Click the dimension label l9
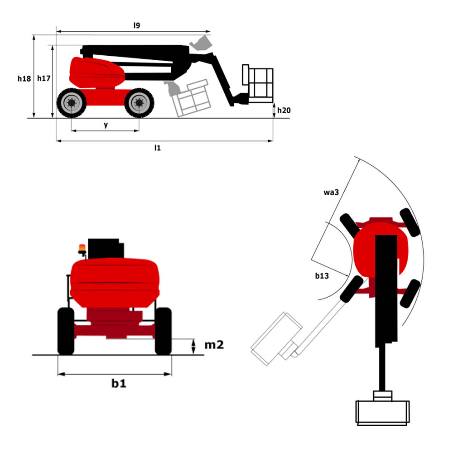pos(136,26)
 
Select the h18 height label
pos(24,78)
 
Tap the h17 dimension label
pos(43,78)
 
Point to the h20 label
pos(284,110)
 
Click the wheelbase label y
pos(106,125)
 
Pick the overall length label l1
pos(157,148)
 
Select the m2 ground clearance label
pos(214,345)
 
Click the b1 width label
pos(119,383)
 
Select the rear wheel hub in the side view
pos(71,103)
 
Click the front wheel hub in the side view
pos(139,103)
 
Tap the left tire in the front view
pos(66,331)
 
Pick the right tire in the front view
pos(163,331)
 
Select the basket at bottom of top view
pos(383,411)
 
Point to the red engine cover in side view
pos(96,72)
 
